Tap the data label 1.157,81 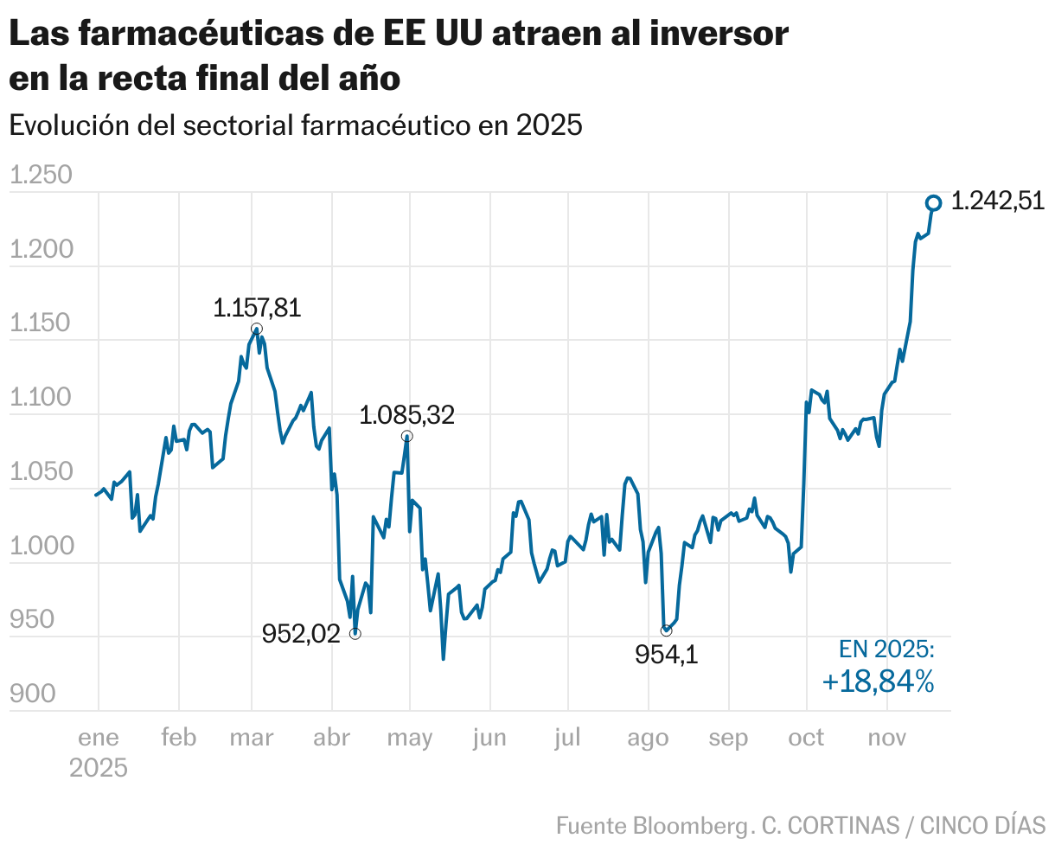pos(257,308)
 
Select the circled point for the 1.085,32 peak pos(406,437)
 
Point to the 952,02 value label pos(301,635)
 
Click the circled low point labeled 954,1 pos(666,630)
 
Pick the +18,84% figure pos(878,682)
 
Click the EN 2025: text pos(886,650)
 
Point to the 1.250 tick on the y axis pos(41,176)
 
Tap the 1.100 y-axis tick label pos(41,399)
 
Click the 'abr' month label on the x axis pos(331,738)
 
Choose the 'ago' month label pos(648,738)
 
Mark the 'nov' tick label pos(886,738)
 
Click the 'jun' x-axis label pos(489,738)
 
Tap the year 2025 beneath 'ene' pos(99,768)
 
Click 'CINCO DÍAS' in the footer pos(982,826)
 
